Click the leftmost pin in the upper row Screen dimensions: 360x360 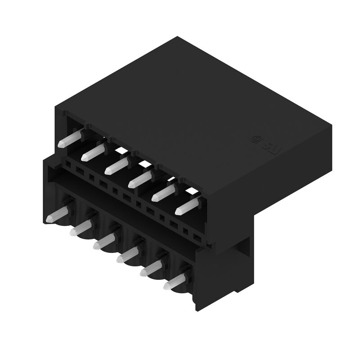click(x=71, y=138)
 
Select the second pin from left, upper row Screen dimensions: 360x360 click(x=94, y=151)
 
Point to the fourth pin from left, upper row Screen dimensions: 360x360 click(x=140, y=178)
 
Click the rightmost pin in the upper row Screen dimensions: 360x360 click(x=187, y=205)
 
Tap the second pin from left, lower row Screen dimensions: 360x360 click(x=82, y=227)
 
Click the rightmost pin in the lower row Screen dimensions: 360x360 click(x=176, y=282)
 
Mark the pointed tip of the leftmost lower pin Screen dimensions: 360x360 click(x=49, y=219)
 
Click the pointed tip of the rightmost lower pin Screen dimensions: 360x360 click(x=166, y=286)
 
